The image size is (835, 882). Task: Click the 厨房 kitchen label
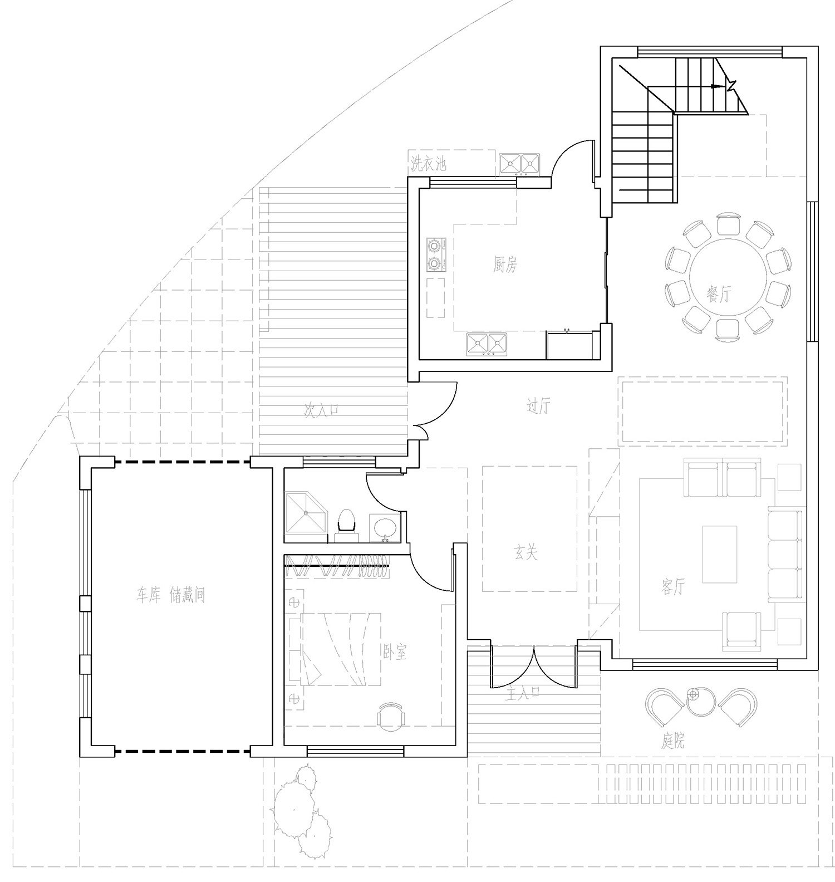504,266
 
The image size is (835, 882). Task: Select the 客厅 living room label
673,586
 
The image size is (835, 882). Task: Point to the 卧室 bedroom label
395,652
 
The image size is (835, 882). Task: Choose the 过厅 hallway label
538,407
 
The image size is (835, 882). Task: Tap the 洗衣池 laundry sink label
429,164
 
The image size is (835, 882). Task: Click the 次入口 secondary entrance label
321,410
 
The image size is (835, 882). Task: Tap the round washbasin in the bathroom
385,527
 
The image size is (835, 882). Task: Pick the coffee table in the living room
719,554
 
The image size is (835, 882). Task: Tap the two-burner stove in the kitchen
436,255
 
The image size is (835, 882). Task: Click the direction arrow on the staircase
722,86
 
